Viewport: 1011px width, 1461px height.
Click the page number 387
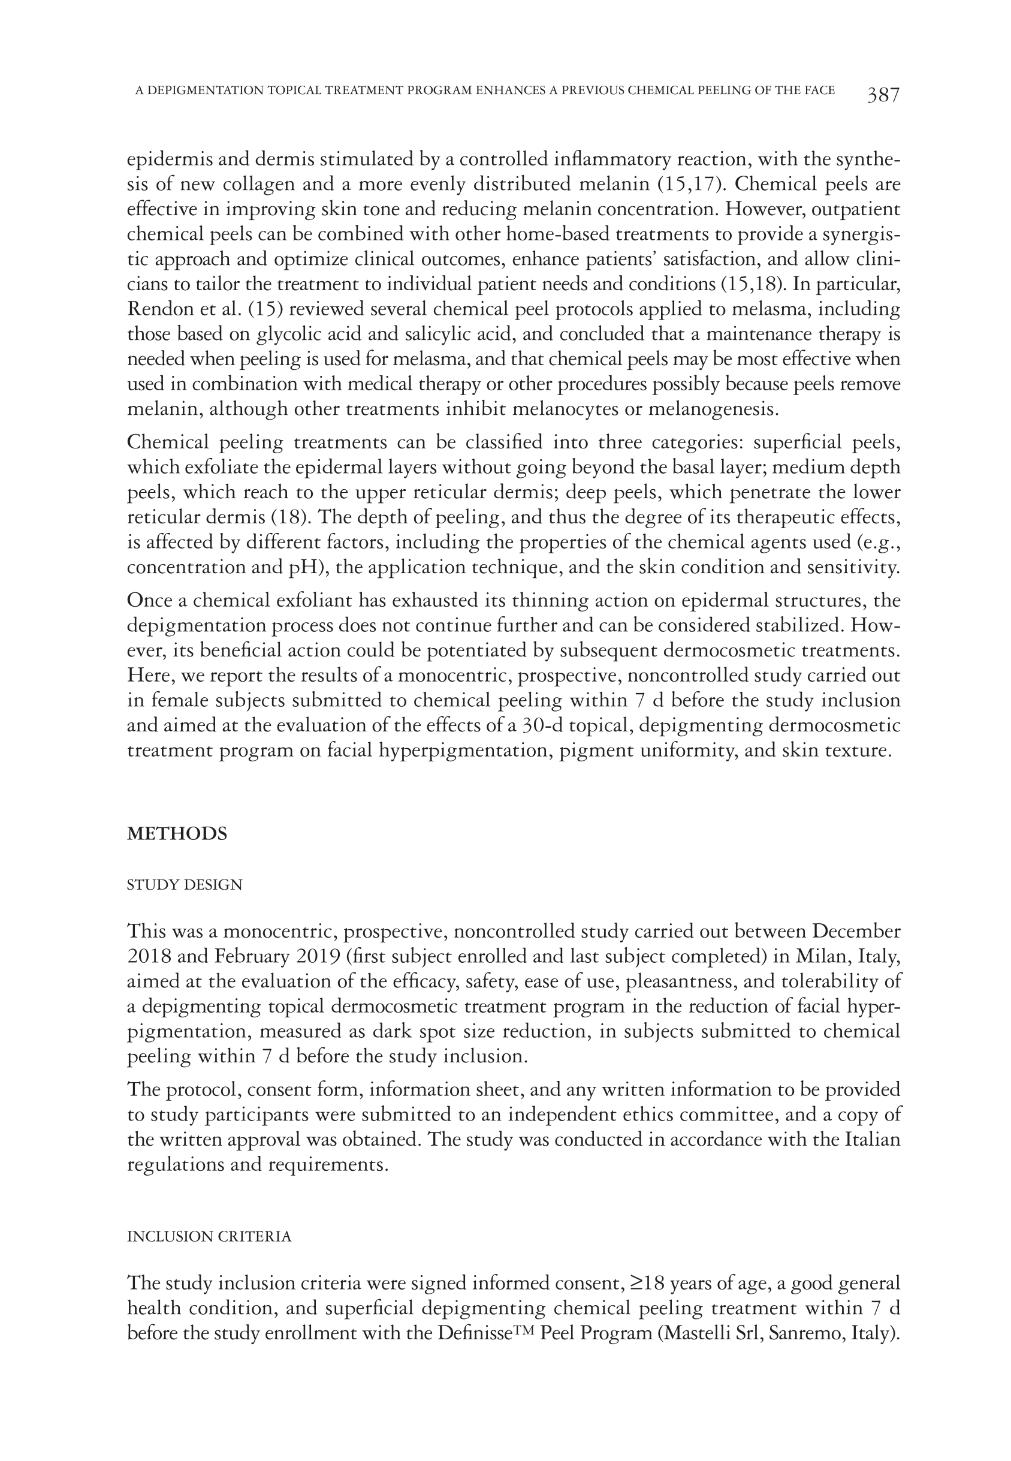pos(883,95)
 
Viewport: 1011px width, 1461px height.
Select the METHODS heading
pos(177,834)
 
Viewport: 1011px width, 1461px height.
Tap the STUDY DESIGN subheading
pos(185,884)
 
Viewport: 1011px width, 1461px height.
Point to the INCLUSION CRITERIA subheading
pos(209,1237)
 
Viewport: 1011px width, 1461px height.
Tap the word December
pos(856,932)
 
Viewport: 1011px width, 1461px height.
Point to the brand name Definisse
pos(475,1333)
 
